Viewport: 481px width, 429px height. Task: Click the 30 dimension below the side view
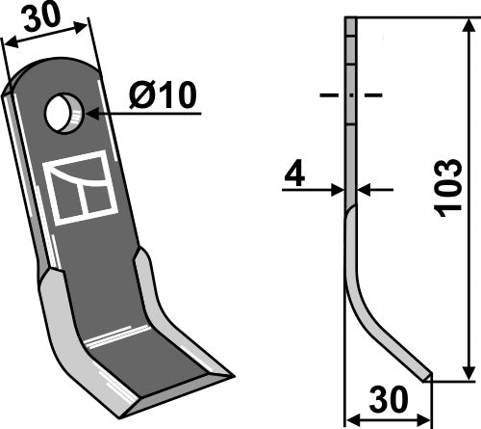click(x=389, y=398)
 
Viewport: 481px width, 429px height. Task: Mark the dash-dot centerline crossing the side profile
click(x=350, y=96)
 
